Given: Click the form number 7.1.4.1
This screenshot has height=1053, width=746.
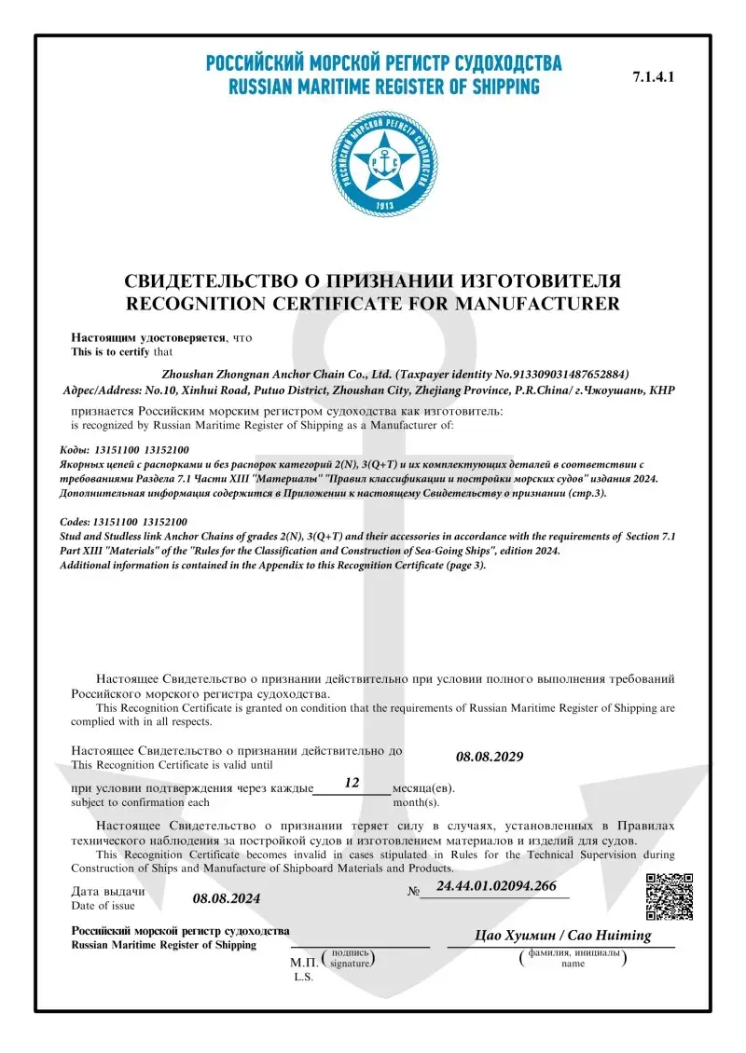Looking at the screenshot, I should [x=653, y=77].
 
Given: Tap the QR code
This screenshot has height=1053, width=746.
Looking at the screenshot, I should [x=670, y=896].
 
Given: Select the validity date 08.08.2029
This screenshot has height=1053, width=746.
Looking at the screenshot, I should [x=490, y=756].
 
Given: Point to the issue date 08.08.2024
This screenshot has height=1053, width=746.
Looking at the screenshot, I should [x=227, y=898].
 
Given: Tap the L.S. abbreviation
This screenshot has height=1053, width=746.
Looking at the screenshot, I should [x=304, y=978].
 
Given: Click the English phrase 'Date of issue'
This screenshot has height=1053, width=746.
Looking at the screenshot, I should [x=104, y=906].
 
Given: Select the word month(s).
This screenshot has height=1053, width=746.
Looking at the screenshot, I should [x=416, y=801].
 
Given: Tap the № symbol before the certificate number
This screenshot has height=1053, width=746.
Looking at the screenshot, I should [x=414, y=891].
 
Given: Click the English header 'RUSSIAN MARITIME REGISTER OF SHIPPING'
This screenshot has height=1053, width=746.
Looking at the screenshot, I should [x=384, y=88].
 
